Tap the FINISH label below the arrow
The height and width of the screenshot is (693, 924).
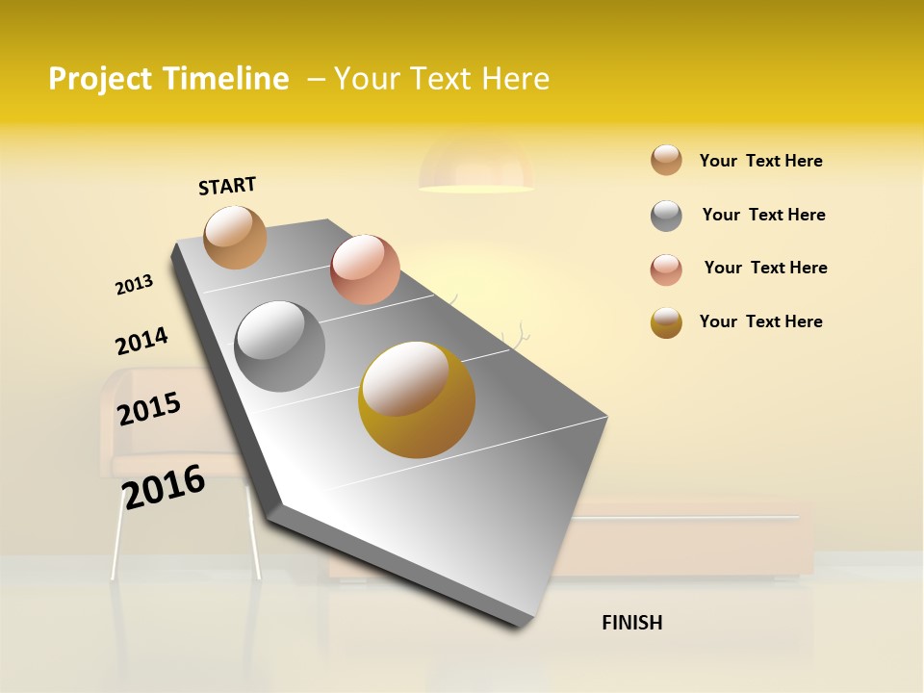click(631, 623)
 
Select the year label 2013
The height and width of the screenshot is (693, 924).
click(134, 285)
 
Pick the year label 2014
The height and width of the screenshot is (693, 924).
click(141, 341)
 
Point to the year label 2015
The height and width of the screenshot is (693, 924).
click(149, 408)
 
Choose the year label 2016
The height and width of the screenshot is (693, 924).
click(164, 486)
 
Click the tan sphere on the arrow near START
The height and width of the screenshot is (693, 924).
click(236, 237)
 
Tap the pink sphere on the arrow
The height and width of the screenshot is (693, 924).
click(365, 269)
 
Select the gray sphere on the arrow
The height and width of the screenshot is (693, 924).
click(280, 346)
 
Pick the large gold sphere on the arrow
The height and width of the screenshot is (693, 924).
click(417, 399)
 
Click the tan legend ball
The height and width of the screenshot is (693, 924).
click(666, 161)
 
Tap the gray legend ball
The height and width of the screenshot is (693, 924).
click(666, 216)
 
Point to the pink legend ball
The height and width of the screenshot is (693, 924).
click(666, 269)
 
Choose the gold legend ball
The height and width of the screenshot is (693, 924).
click(666, 322)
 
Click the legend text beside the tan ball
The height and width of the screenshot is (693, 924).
click(760, 161)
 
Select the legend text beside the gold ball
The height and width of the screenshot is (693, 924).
click(760, 321)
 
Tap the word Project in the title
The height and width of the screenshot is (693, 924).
click(100, 79)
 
